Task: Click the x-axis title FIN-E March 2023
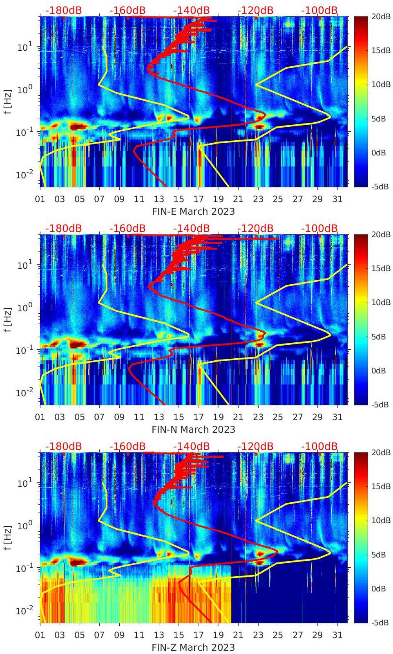click(x=193, y=211)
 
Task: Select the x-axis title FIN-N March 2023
click(x=193, y=429)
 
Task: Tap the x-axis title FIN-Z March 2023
click(x=193, y=647)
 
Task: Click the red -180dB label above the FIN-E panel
click(x=63, y=10)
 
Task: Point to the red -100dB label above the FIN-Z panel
click(x=319, y=446)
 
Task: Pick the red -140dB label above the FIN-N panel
click(x=191, y=228)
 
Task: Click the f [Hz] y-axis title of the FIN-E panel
click(x=8, y=101)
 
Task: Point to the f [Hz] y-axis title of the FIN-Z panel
click(x=8, y=537)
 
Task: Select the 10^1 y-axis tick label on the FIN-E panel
click(x=25, y=47)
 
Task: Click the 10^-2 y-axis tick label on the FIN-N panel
click(x=24, y=393)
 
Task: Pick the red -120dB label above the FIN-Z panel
click(x=255, y=446)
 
